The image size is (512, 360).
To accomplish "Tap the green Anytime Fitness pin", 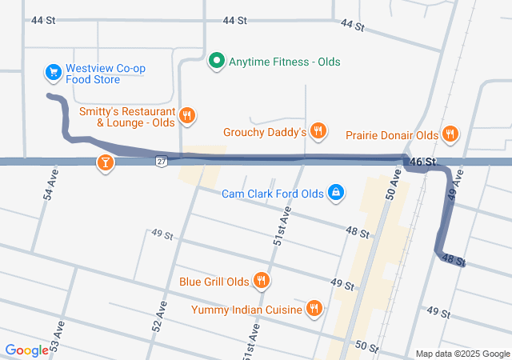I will pos(215,61).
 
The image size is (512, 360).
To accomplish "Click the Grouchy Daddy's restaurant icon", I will pos(318,131).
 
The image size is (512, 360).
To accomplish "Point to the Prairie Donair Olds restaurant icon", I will pos(450,135).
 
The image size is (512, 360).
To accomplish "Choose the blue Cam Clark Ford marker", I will pos(337,193).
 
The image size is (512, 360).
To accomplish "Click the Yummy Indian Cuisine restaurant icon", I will pos(314,309).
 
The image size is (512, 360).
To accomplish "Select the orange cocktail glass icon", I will pos(105,163).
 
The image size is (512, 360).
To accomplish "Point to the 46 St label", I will pos(422,162).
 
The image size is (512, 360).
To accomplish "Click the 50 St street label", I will pos(366,346).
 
